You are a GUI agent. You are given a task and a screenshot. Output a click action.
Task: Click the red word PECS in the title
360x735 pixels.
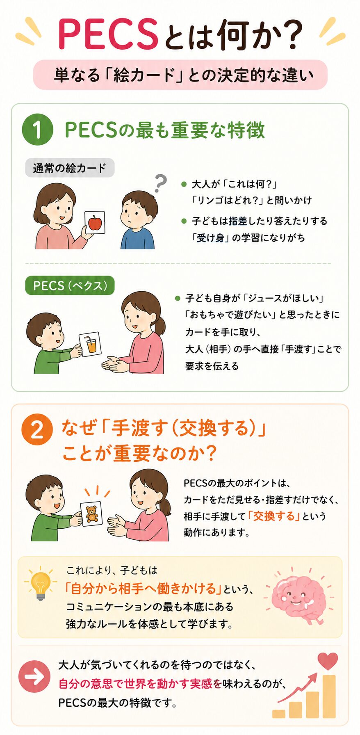[x=108, y=34]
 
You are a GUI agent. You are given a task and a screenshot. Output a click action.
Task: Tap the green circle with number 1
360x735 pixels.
[x=37, y=130]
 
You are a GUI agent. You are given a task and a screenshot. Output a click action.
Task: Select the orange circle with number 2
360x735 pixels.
[x=37, y=430]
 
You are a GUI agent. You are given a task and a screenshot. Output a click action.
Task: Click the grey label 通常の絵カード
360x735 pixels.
[x=70, y=168]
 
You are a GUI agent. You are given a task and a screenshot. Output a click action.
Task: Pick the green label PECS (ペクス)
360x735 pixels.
[x=70, y=285]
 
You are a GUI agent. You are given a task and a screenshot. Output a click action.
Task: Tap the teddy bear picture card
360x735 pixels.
[x=92, y=514]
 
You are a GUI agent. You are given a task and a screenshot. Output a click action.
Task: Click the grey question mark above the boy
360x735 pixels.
[x=160, y=183]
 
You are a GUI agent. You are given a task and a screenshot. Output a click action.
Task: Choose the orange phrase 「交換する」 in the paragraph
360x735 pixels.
[x=274, y=516]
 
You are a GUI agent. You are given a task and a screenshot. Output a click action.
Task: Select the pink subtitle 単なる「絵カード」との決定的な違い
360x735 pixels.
[x=180, y=75]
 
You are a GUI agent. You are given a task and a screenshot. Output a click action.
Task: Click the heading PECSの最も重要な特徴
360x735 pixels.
[x=165, y=130]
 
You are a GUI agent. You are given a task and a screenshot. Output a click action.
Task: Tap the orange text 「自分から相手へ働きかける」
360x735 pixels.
[x=143, y=589]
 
